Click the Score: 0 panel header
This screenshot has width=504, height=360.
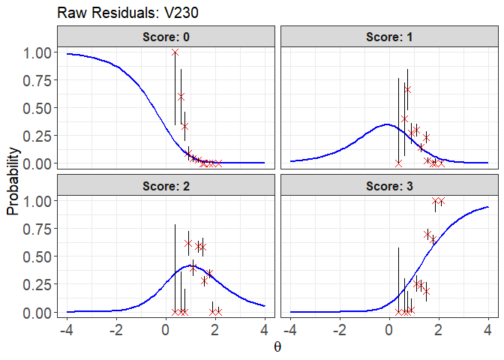[x=166, y=36]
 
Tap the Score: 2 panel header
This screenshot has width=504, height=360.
[x=166, y=184]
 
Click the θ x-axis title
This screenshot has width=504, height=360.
[x=277, y=348]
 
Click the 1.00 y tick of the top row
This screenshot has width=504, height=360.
[x=37, y=53]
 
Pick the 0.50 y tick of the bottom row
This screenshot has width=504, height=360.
[x=37, y=256]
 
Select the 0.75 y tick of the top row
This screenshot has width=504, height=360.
[x=37, y=81]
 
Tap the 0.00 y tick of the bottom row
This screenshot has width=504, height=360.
[x=37, y=312]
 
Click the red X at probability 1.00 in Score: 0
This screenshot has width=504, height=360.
[x=175, y=52]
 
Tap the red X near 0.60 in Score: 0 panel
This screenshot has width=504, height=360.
[x=181, y=97]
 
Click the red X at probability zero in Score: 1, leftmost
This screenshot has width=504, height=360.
[x=398, y=163]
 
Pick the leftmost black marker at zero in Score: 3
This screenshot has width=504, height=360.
[x=398, y=311]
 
